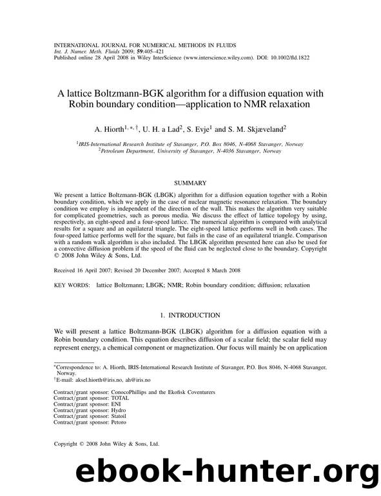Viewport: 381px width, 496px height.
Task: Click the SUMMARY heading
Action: click(190, 183)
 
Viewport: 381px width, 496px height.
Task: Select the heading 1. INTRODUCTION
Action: click(190, 315)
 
